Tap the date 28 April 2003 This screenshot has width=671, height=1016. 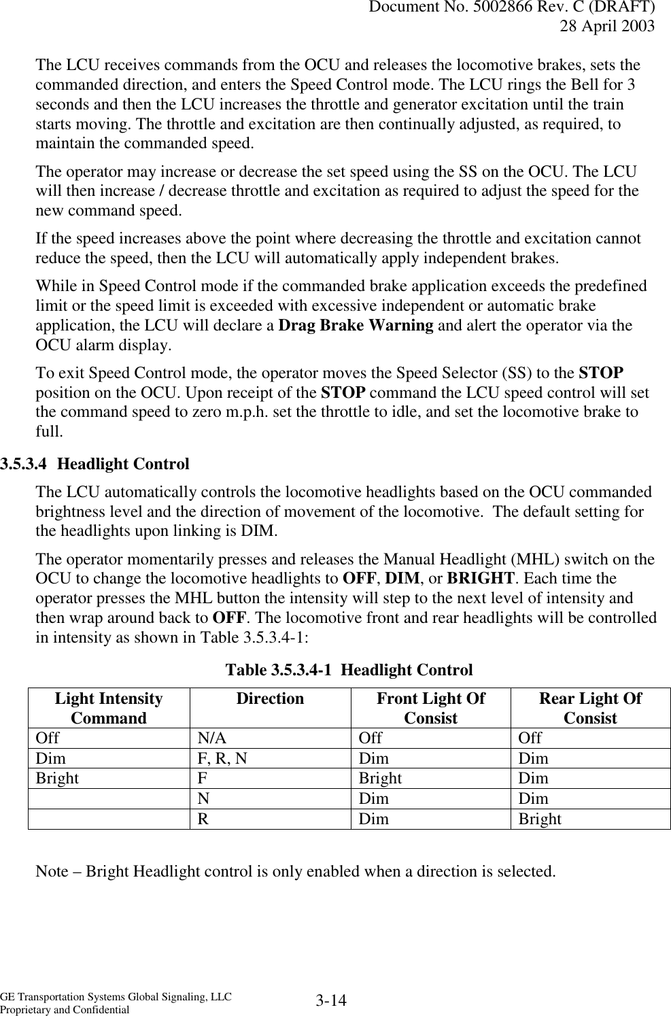(607, 27)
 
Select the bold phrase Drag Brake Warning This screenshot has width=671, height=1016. (356, 325)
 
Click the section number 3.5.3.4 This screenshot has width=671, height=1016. (25, 464)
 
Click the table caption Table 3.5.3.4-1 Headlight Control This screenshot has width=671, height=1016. (349, 670)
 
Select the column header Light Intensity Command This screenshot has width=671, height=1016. (109, 708)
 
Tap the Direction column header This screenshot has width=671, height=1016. (270, 699)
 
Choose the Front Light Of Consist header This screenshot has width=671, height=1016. (430, 708)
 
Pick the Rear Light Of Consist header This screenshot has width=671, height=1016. (590, 708)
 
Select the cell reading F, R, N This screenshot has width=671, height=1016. (222, 758)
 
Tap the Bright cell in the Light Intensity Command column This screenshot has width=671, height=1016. (57, 778)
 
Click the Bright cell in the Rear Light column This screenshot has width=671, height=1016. (540, 819)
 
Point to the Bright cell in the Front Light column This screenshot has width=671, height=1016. (380, 778)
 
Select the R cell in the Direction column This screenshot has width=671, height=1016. (203, 819)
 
